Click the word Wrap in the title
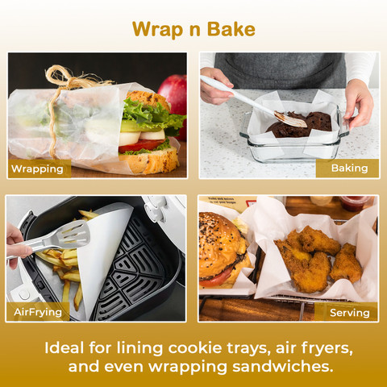coord(157,30)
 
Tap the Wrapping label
coord(37,169)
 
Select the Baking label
coord(349,169)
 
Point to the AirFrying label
coord(38,312)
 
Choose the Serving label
coord(350,313)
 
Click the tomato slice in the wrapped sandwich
coord(141,146)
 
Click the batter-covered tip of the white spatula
coord(291,120)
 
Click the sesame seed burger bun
coord(219,242)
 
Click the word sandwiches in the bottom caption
coord(283,367)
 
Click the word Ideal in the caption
coord(64,348)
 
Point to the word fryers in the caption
coord(327,349)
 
